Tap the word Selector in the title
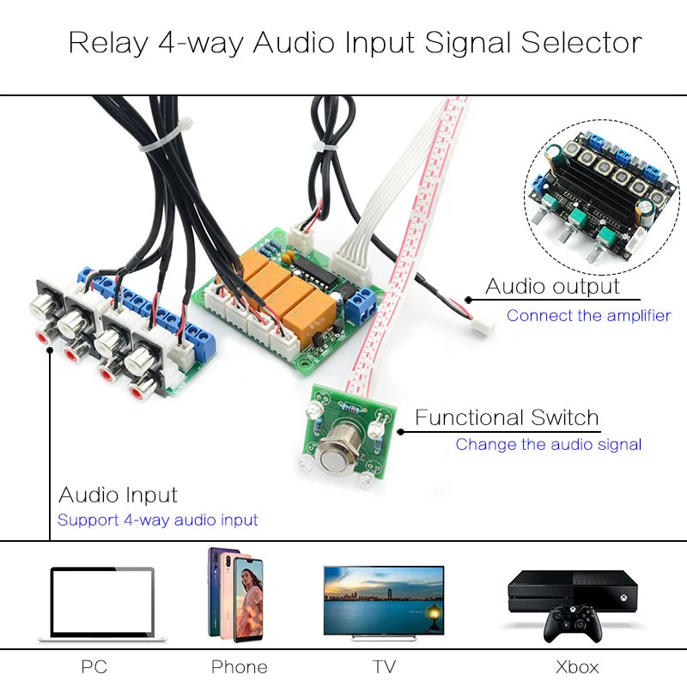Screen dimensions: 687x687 580,42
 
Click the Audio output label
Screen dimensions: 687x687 552,286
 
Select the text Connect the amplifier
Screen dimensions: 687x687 588,315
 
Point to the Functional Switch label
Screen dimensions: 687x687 507,418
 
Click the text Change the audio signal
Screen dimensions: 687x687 549,444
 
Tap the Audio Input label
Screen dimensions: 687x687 118,495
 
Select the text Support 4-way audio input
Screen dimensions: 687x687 157,520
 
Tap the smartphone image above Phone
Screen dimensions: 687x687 235,594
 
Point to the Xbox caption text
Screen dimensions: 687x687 576,666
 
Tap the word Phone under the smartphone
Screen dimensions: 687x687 239,666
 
